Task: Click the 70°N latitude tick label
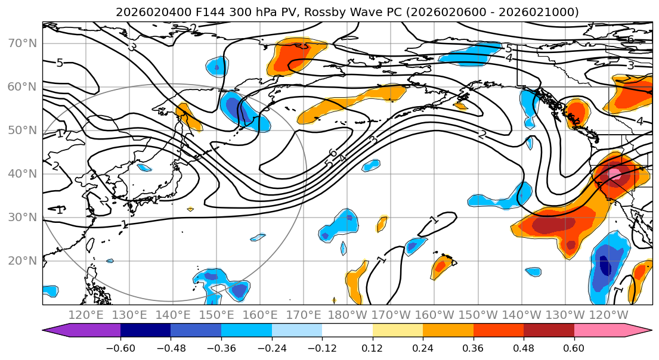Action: [x=22, y=43]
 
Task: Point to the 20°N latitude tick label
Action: [x=22, y=260]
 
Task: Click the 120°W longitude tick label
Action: [x=609, y=315]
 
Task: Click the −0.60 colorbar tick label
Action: [x=120, y=347]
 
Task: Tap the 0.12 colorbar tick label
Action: [x=373, y=347]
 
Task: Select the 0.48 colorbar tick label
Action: [x=524, y=347]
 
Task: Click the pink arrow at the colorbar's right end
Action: [x=644, y=331]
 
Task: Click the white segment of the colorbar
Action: [x=347, y=331]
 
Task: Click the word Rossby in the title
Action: [x=323, y=12]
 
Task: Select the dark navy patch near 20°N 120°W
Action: [x=605, y=265]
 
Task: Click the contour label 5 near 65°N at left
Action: [x=60, y=63]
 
